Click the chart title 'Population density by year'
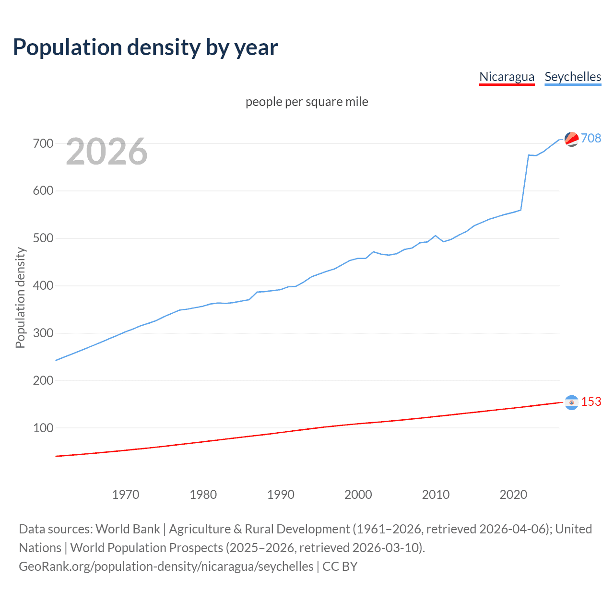point(145,47)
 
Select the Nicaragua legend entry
point(507,77)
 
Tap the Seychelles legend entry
point(573,77)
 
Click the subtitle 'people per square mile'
point(307,102)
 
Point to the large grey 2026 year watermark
point(106,152)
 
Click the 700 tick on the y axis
point(43,143)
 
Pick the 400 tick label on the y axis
point(43,286)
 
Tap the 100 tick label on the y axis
point(43,428)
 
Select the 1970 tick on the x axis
point(126,495)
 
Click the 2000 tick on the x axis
point(358,495)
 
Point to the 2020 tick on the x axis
point(513,495)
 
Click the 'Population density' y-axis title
point(20,297)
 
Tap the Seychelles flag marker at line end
point(571,139)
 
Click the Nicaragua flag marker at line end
point(571,402)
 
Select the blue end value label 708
point(591,138)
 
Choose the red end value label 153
point(591,401)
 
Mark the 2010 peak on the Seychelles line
point(436,236)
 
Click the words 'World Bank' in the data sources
point(128,529)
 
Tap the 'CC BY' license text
point(340,567)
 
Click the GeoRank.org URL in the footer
point(166,567)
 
